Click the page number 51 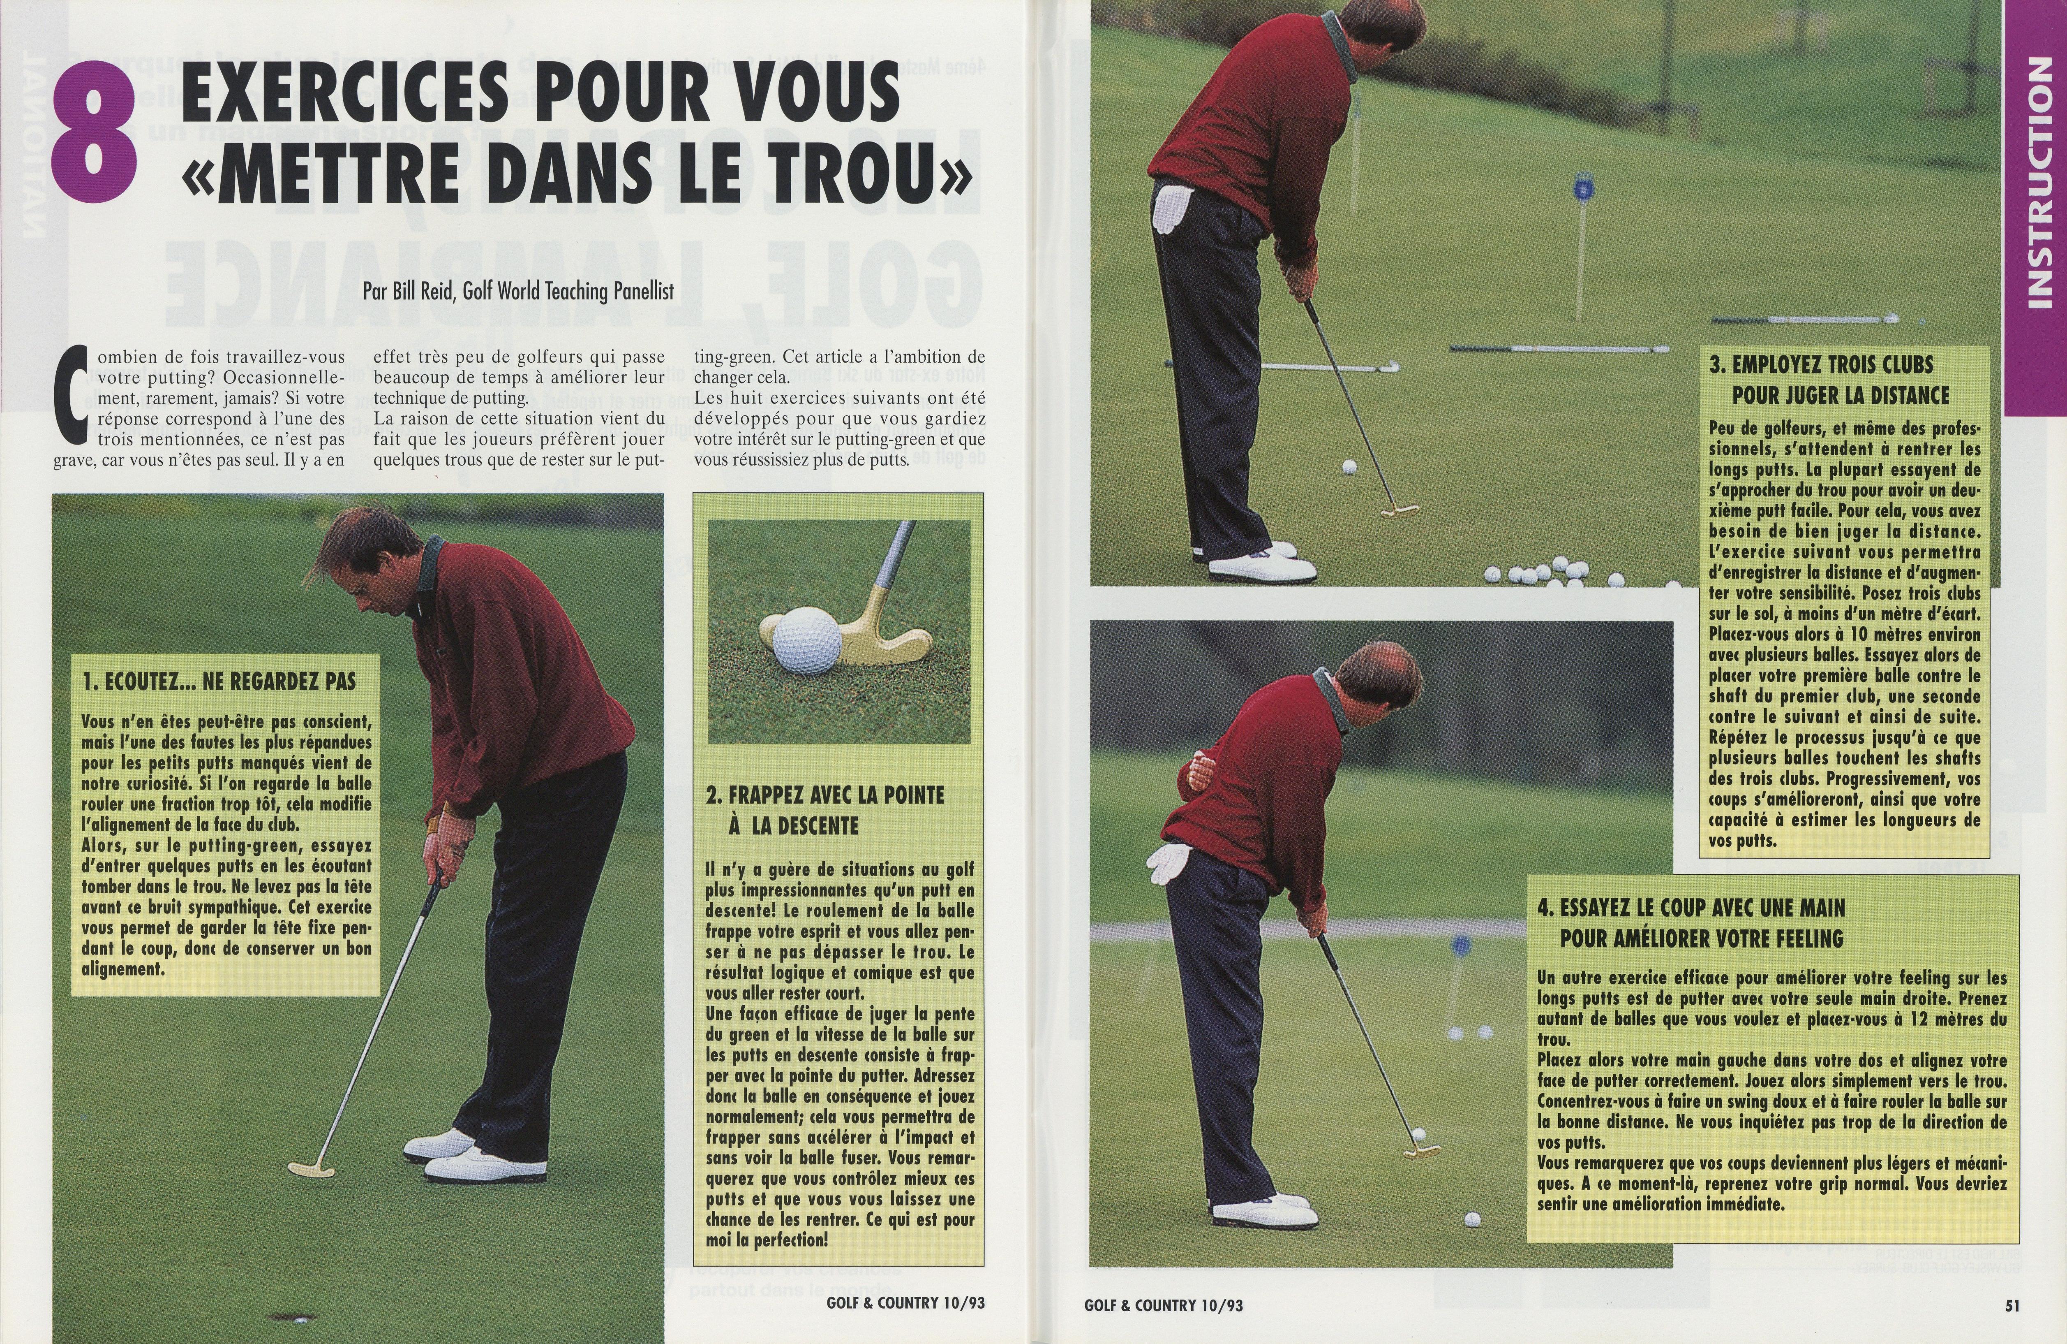tap(2012, 1305)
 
